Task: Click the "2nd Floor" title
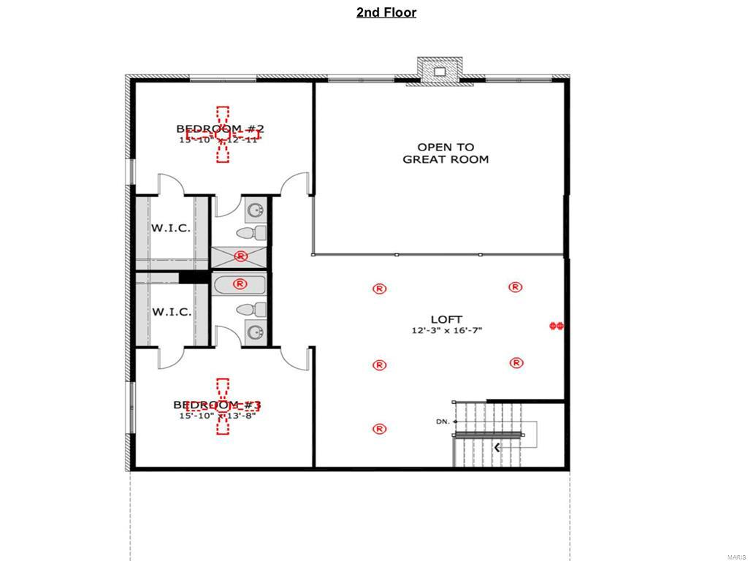pos(386,12)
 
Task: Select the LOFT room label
pos(446,319)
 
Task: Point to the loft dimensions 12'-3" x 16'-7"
pos(446,331)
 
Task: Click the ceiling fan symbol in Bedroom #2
pos(223,134)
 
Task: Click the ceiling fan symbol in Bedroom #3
pos(223,406)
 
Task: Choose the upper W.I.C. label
pos(172,228)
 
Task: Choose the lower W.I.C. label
pos(172,312)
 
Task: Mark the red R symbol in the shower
pos(240,256)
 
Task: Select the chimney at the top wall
pos(440,71)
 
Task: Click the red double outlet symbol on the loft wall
pos(557,326)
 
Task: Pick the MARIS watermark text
pos(736,557)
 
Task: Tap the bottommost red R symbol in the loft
pos(379,429)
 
